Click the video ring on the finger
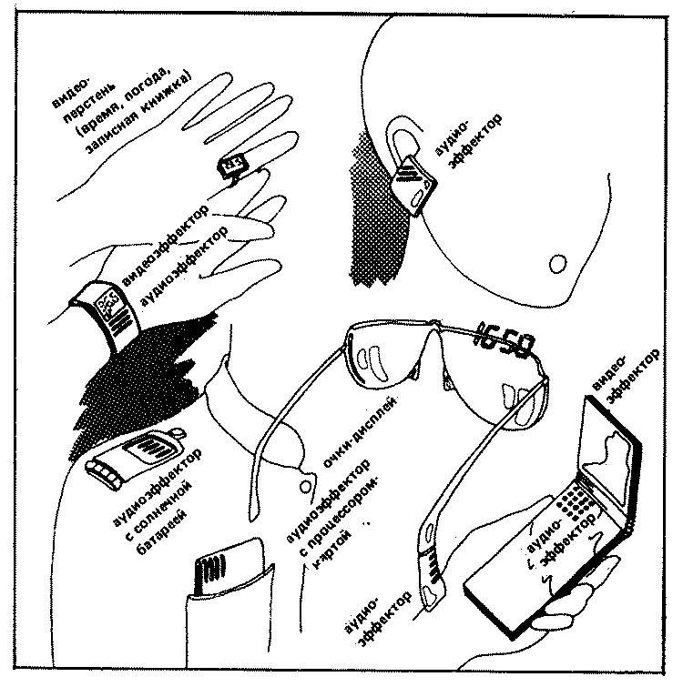point(231,165)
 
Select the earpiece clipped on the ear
point(413,182)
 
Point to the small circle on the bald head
point(557,263)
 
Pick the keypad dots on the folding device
point(571,497)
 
